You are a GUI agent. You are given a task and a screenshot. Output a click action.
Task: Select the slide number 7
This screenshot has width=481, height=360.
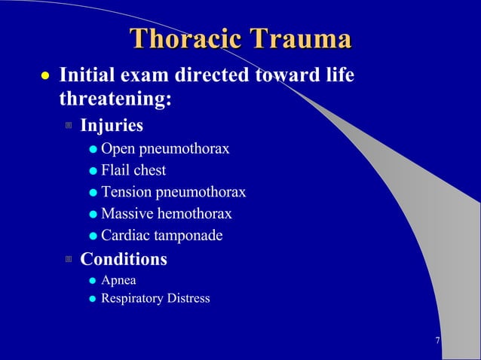[x=438, y=341]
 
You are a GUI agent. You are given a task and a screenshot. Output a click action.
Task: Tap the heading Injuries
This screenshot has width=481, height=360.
[x=112, y=124]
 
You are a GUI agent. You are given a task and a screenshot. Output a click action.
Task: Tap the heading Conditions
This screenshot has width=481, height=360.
[x=124, y=259]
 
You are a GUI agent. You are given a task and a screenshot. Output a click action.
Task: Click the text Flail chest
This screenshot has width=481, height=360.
[x=133, y=170]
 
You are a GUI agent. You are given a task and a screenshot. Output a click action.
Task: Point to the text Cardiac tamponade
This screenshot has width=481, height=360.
[x=162, y=236]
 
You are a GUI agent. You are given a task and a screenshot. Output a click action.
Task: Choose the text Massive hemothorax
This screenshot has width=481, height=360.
[x=167, y=214]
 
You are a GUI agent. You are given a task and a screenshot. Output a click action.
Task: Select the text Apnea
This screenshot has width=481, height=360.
[x=119, y=281]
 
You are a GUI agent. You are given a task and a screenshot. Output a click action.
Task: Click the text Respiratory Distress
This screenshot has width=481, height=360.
[x=156, y=299]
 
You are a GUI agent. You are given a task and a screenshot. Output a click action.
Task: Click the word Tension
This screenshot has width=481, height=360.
[x=125, y=192]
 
